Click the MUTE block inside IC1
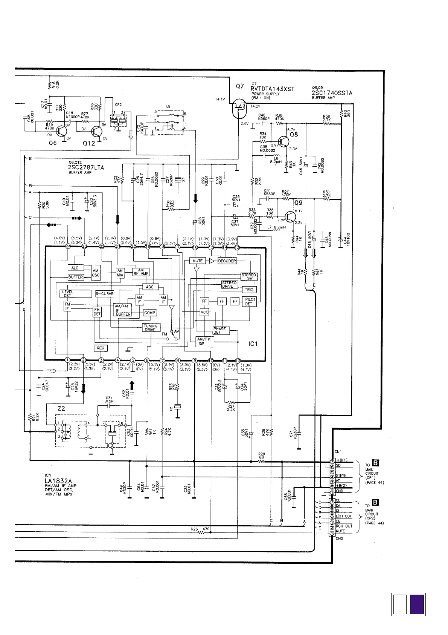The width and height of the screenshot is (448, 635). coord(197,261)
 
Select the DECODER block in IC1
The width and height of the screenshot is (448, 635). coord(227,261)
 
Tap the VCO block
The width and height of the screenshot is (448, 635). coord(204,312)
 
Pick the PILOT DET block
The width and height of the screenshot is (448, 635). coord(249,301)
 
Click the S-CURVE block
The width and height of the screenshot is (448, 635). coord(104,294)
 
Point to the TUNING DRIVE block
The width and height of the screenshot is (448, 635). coord(151,328)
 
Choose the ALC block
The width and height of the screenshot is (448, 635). coord(75,268)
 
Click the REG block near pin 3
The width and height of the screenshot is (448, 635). coord(100,348)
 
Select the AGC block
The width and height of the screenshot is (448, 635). coord(150,287)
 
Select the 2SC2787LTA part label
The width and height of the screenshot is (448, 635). coord(86,167)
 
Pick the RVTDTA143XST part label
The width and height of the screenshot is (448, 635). coord(272,89)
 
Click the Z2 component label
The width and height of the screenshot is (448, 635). coord(61,408)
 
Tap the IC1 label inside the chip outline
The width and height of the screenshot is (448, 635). coord(253,344)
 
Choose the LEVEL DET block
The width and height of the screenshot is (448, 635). coord(76,293)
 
